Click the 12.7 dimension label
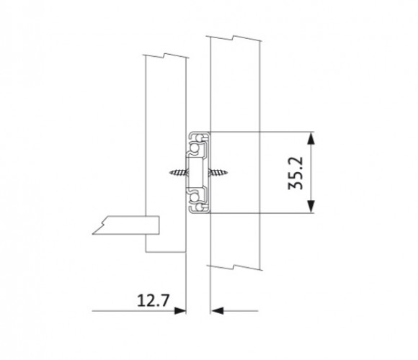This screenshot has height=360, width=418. click(x=153, y=300)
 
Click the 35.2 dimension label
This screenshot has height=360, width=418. click(x=295, y=173)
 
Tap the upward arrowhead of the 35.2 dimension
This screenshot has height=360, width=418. click(x=311, y=138)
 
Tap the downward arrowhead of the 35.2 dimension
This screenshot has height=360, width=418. click(x=311, y=207)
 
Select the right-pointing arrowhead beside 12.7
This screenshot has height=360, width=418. click(x=180, y=311)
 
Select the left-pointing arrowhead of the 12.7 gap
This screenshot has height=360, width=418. click(x=217, y=311)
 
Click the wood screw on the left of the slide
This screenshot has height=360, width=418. click(x=178, y=173)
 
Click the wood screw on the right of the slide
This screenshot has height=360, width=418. click(x=218, y=172)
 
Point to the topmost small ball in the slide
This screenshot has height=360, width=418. click(x=200, y=138)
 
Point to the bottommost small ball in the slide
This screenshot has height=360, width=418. click(x=200, y=207)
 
